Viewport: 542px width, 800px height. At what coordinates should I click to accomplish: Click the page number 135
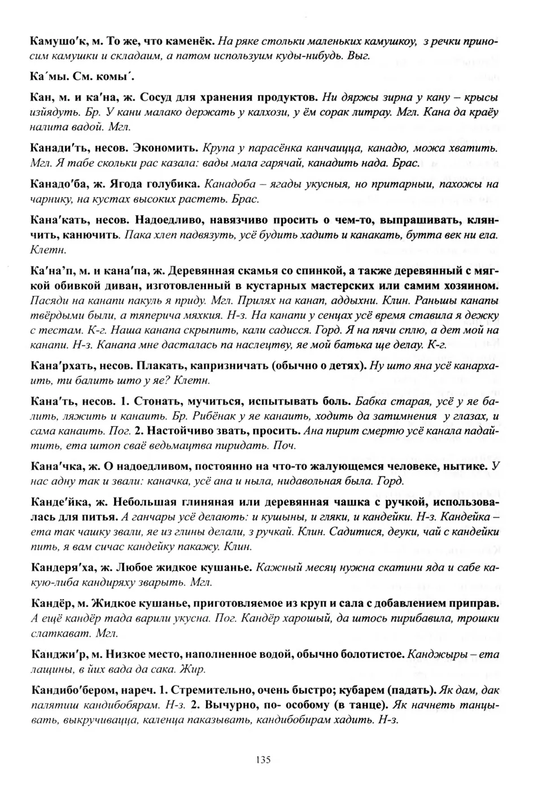tap(263, 759)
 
